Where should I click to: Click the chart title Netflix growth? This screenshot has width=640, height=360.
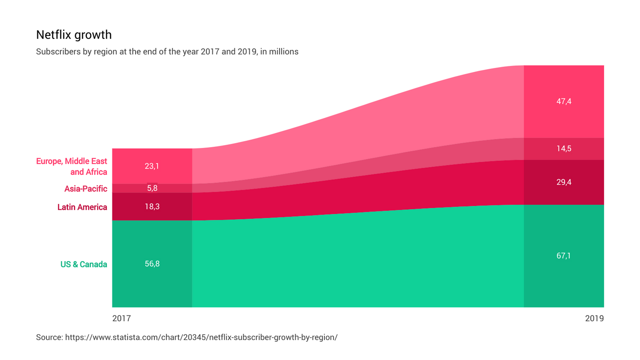pyautogui.click(x=74, y=35)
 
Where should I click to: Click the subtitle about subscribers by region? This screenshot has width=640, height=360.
pyautogui.click(x=167, y=52)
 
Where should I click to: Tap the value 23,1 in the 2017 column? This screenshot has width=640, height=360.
pyautogui.click(x=152, y=166)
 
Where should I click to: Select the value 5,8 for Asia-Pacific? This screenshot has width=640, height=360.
pyautogui.click(x=152, y=188)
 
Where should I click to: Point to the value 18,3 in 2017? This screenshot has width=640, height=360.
pyautogui.click(x=152, y=207)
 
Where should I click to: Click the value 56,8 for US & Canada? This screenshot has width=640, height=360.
pyautogui.click(x=152, y=264)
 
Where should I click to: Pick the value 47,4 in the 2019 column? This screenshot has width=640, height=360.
pyautogui.click(x=564, y=101)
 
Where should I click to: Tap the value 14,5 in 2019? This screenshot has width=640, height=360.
pyautogui.click(x=564, y=148)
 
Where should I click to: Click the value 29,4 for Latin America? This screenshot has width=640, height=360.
pyautogui.click(x=564, y=182)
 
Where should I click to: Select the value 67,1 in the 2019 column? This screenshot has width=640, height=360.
pyautogui.click(x=563, y=256)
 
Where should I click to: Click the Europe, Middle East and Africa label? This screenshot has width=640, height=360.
pyautogui.click(x=72, y=166)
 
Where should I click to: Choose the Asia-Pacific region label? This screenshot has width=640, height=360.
pyautogui.click(x=86, y=189)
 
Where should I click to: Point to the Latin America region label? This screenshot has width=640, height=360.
pyautogui.click(x=82, y=207)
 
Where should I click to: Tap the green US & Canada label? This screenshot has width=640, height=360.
pyautogui.click(x=84, y=264)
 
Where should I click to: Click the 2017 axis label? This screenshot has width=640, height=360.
pyautogui.click(x=122, y=318)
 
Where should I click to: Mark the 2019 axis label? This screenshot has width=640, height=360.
pyautogui.click(x=594, y=318)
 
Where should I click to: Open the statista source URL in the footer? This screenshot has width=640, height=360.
pyautogui.click(x=201, y=337)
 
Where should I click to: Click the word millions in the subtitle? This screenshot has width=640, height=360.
pyautogui.click(x=284, y=52)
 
